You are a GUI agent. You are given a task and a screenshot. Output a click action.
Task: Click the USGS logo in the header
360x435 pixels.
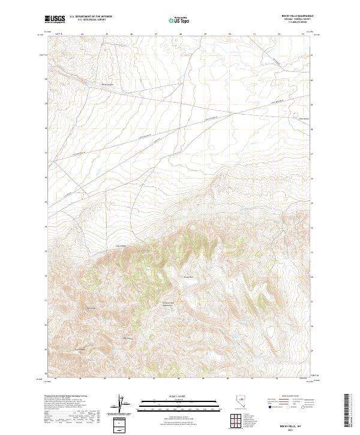pos(55,20)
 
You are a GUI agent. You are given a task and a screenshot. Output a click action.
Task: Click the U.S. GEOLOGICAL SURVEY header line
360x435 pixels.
pos(91,20)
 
